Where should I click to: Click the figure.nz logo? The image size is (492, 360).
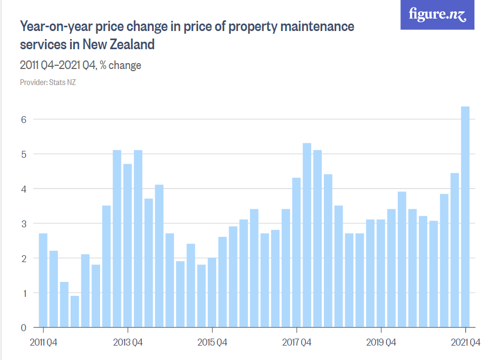(437, 14)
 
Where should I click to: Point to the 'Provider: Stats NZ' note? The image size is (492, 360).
(48, 82)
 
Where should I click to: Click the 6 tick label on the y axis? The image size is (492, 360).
(24, 119)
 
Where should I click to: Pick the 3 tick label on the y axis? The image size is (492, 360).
(24, 223)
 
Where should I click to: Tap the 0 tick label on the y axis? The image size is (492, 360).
(24, 327)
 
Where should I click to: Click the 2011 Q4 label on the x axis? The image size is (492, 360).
(43, 342)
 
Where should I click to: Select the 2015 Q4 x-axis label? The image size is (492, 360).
(213, 342)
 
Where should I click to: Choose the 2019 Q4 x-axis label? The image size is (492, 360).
(381, 342)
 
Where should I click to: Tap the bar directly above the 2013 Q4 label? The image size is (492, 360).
(127, 246)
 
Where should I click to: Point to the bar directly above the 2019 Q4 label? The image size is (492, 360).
(381, 273)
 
